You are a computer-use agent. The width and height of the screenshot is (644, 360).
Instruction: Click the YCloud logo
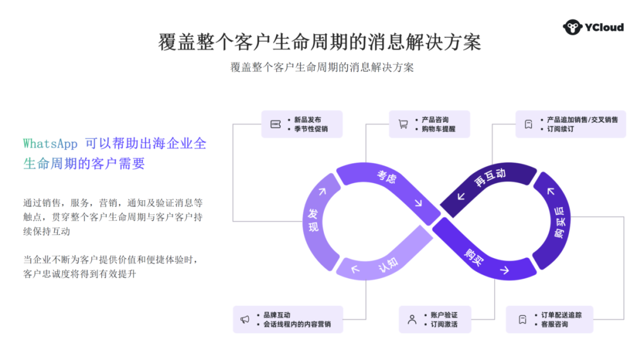coord(593,27)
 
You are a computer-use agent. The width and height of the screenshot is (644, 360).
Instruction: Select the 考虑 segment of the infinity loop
coord(386,177)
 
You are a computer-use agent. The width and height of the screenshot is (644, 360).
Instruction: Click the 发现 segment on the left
coord(312,221)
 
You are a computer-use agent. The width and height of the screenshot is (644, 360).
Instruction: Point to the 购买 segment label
coord(475,257)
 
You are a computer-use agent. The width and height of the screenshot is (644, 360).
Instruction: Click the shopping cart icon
coord(404,124)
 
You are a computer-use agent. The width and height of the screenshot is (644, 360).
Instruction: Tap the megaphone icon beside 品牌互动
coord(244,319)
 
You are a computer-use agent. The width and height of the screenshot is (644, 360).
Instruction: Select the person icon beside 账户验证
coord(412,319)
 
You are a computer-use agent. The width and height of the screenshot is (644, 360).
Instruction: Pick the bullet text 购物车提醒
coord(438,129)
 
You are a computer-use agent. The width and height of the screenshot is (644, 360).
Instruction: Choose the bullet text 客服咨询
coord(555,324)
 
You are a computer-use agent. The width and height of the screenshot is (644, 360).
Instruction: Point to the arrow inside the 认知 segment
coord(356,269)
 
